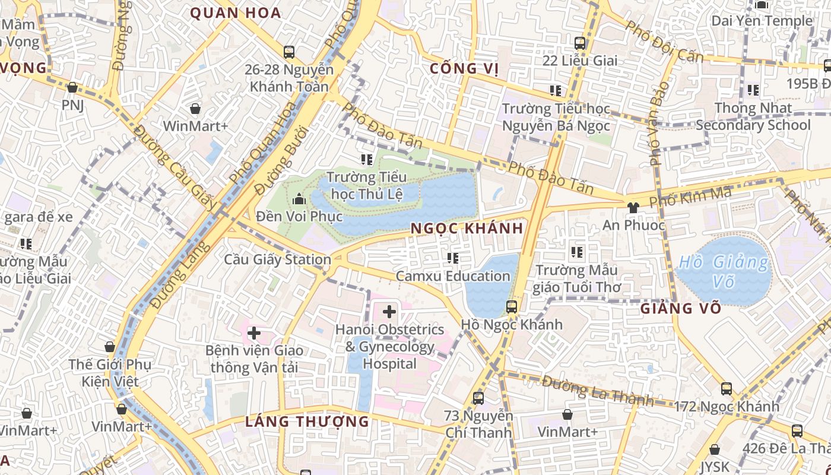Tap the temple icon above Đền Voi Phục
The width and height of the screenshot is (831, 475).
coord(299,198)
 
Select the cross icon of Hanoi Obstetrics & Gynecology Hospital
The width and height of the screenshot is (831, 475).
coord(389,311)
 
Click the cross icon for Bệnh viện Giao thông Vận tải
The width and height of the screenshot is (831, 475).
coord(254,333)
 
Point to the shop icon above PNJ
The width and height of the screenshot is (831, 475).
coord(72,88)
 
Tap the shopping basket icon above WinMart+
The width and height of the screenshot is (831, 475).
coord(195,109)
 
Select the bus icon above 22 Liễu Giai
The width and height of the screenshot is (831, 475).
coord(580,43)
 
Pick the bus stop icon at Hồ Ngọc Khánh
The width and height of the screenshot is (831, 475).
coord(512,307)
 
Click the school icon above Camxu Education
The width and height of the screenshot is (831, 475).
coord(453,258)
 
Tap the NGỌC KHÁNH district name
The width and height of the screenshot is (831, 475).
coord(467,229)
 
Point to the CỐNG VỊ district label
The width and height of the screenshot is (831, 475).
coord(464,69)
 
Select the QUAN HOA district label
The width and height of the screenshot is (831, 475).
coord(235,13)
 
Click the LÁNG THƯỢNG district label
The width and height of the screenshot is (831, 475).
coord(307,422)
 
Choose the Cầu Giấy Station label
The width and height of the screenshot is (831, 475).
coord(277,259)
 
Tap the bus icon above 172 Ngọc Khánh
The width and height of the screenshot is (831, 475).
coord(727,389)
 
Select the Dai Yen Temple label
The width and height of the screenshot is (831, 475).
coord(762,21)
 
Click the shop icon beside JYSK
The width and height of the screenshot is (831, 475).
coord(715,449)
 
